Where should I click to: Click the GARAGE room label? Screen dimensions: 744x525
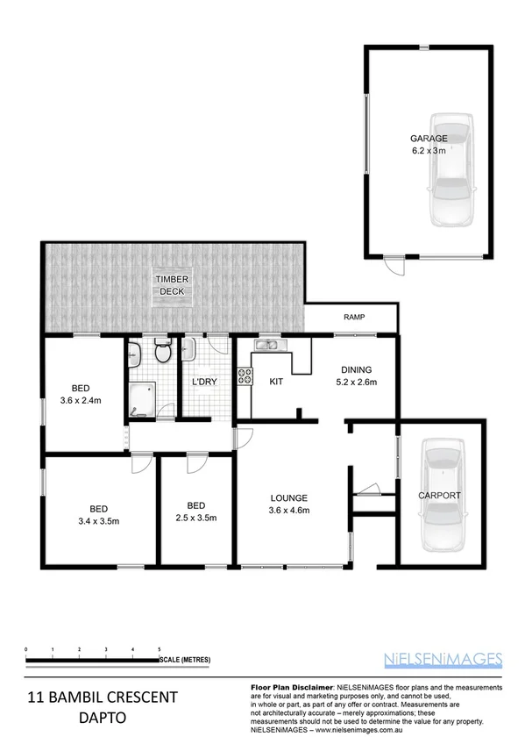(429, 139)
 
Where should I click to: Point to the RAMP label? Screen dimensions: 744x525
(354, 318)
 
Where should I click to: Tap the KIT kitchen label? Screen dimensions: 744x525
(276, 382)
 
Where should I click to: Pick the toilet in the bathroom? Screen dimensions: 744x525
(162, 353)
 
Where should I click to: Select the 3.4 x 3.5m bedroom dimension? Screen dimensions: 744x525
(98, 520)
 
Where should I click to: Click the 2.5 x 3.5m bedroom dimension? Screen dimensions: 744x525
(196, 517)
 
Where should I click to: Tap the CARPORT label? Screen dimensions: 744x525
(439, 496)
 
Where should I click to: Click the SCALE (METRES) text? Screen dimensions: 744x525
(185, 658)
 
